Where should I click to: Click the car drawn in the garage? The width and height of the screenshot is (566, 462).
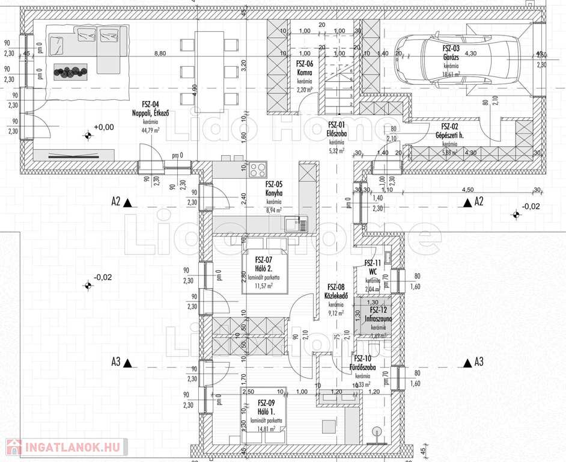click(457, 60)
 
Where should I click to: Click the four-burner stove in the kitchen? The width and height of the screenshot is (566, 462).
click(258, 169)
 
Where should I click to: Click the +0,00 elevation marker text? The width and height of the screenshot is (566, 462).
click(103, 127)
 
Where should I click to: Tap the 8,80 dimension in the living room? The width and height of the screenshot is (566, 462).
click(160, 54)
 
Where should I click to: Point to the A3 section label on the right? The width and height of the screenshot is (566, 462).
click(478, 362)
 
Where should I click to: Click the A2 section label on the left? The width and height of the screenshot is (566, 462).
click(115, 202)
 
